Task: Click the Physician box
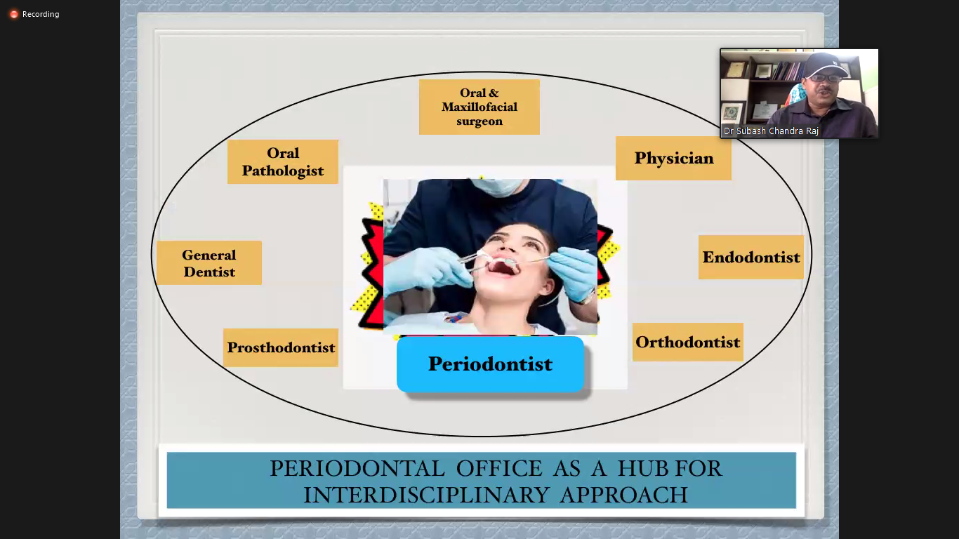(673, 158)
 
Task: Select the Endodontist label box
(751, 257)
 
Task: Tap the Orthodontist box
(687, 342)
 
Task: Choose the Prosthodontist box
(281, 347)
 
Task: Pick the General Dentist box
(209, 263)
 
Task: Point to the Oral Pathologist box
(282, 162)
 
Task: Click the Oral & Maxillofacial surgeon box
(479, 107)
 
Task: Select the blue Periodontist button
(490, 364)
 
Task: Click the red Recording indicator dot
(14, 15)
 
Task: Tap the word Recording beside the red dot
(41, 14)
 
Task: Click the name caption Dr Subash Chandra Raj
(771, 131)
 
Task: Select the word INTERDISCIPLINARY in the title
(426, 495)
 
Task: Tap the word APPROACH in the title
(624, 495)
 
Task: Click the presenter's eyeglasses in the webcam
(826, 79)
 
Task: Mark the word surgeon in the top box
(479, 121)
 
